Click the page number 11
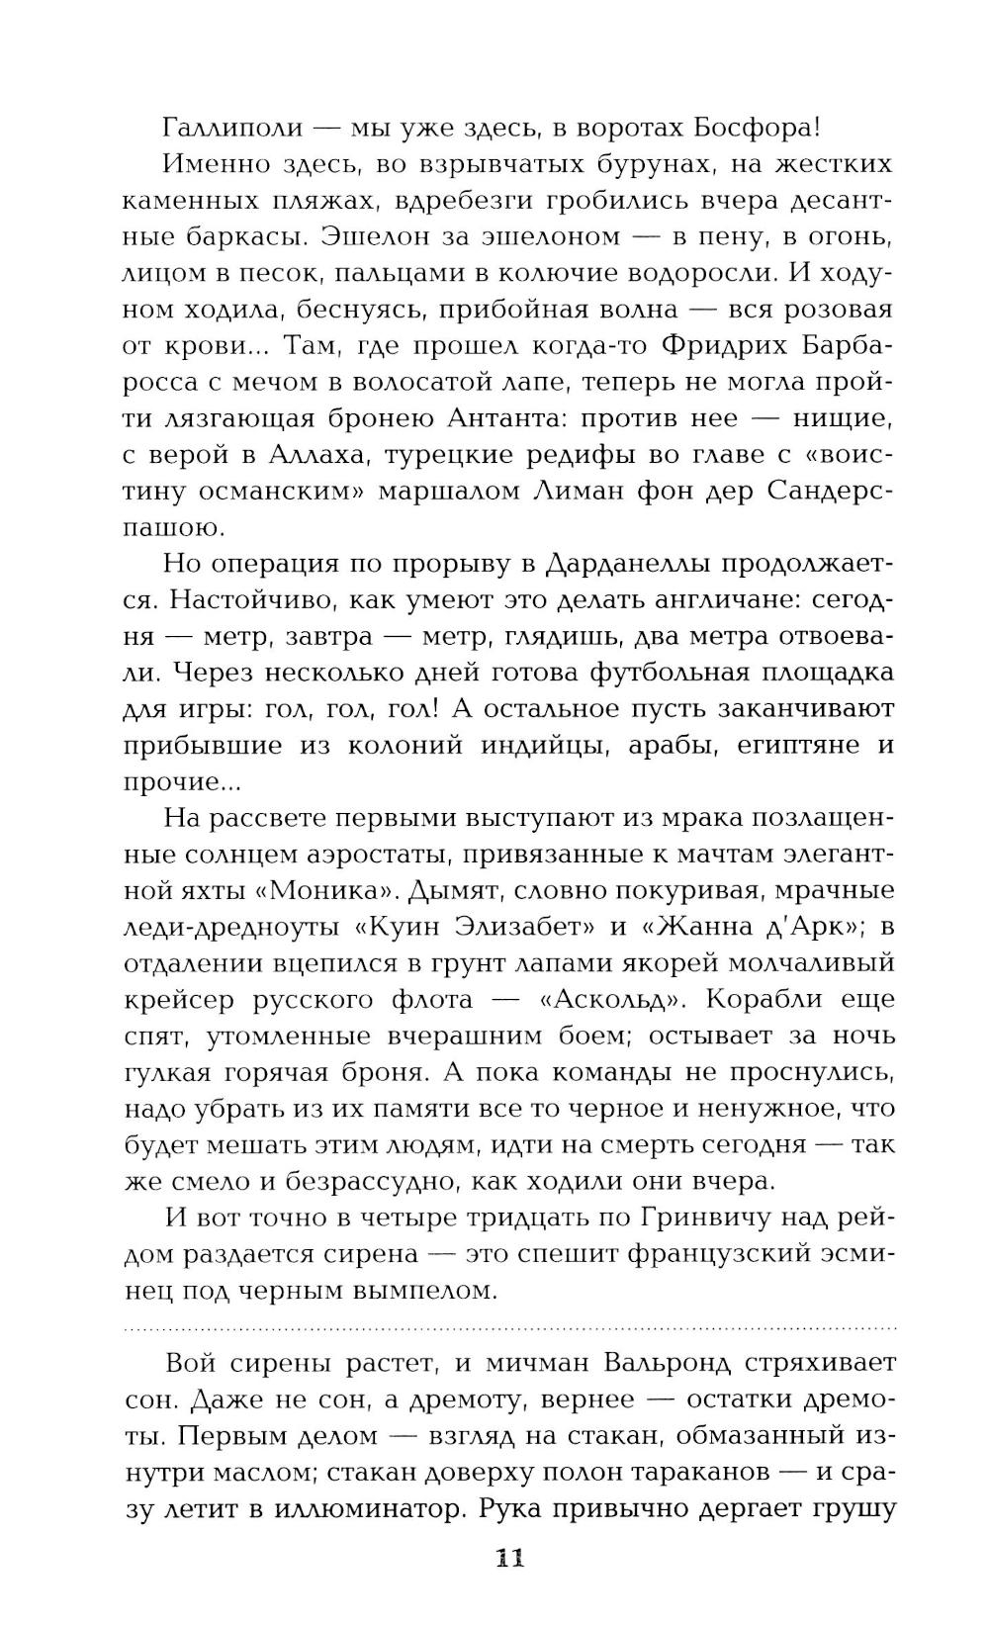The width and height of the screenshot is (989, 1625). pyautogui.click(x=508, y=1559)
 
